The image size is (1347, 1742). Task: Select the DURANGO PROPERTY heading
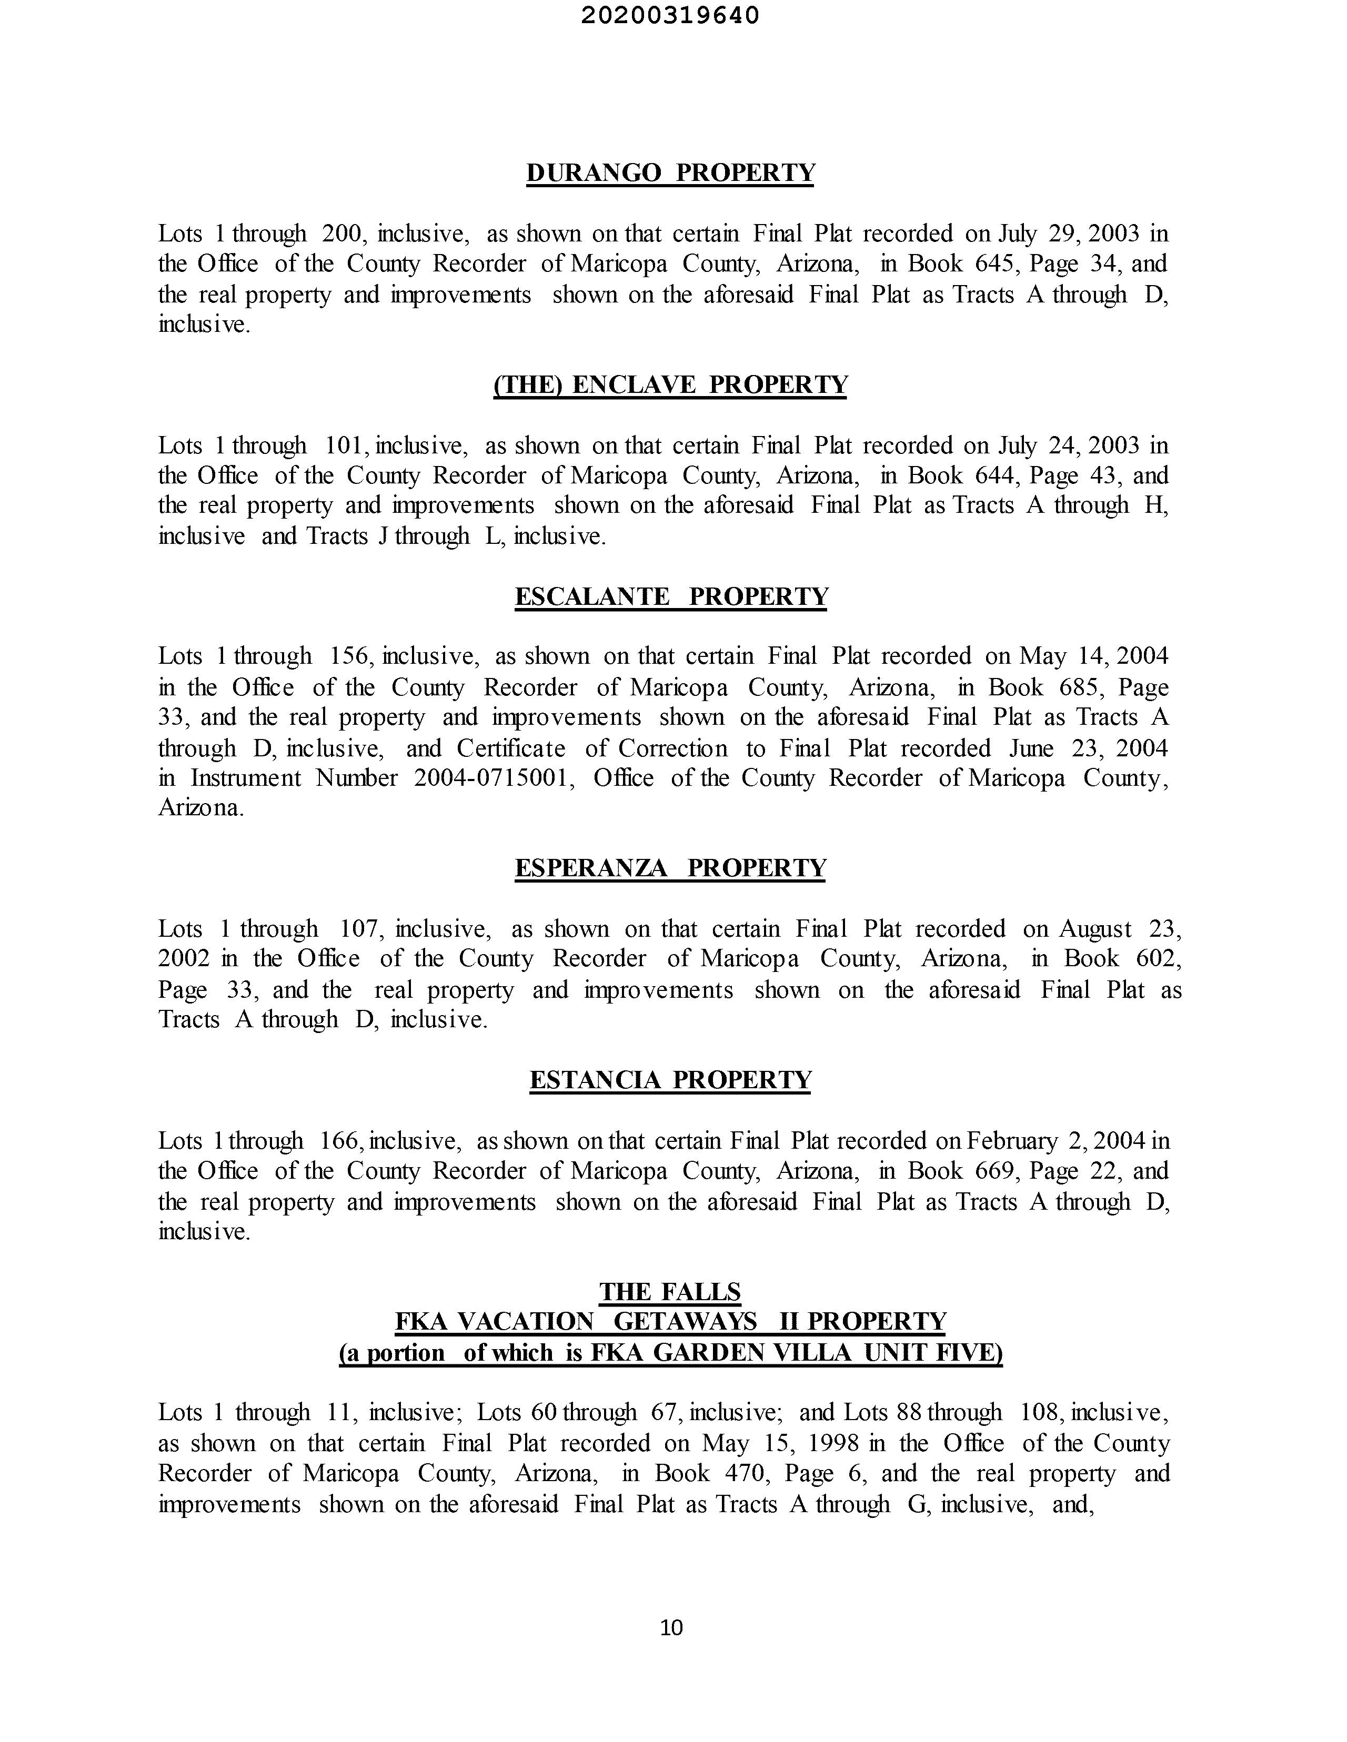click(x=670, y=173)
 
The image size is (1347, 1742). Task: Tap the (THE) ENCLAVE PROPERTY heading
click(x=670, y=384)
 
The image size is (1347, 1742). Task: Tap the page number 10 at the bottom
click(x=672, y=1627)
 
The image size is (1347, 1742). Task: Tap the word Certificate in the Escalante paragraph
click(x=511, y=748)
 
